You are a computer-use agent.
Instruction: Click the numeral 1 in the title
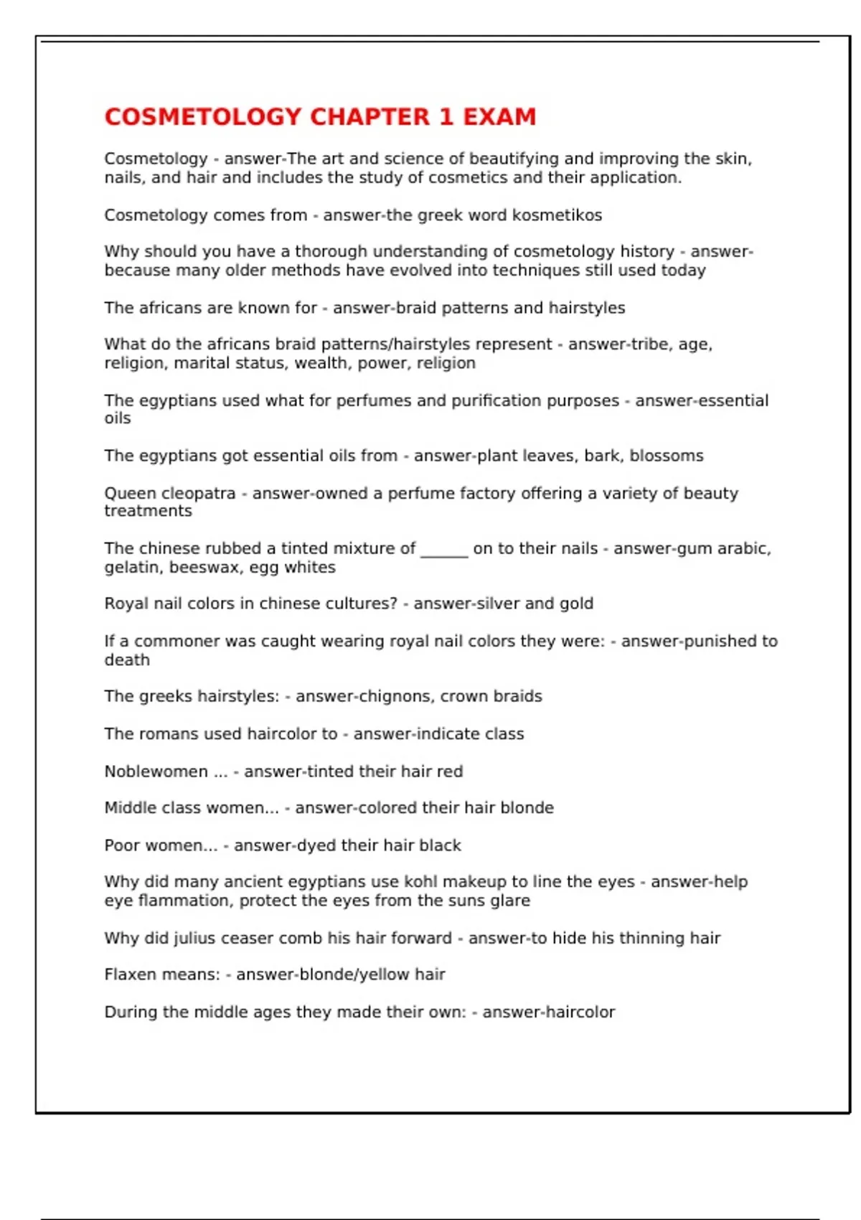pos(446,117)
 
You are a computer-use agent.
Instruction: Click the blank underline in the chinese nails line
pos(444,550)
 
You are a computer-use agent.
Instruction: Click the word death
pos(127,660)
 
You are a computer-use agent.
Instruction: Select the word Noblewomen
pos(156,771)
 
